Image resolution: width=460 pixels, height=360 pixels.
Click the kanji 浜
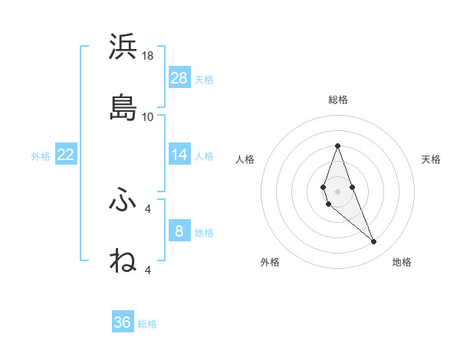tap(123, 47)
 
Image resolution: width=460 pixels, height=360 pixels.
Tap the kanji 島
tap(123, 108)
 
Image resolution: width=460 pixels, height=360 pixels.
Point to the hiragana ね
tap(123, 260)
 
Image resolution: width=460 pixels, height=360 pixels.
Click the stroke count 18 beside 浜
tap(148, 56)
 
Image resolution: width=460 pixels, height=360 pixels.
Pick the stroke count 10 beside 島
tap(148, 116)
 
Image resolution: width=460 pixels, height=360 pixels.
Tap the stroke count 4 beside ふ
tap(148, 208)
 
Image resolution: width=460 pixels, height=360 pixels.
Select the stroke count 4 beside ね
tap(148, 270)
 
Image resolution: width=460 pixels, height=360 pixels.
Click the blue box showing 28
tap(179, 78)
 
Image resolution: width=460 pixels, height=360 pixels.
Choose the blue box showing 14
tap(179, 155)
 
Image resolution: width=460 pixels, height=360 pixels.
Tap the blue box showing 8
tap(179, 231)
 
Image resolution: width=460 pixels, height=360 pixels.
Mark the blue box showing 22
tap(66, 155)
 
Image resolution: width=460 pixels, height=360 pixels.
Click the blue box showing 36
tap(123, 322)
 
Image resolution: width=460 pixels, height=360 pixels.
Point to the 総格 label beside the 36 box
tap(148, 324)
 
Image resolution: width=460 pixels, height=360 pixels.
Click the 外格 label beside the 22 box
tap(41, 156)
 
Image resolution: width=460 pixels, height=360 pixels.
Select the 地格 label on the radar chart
tap(402, 262)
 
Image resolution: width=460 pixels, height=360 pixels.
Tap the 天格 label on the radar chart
tap(431, 159)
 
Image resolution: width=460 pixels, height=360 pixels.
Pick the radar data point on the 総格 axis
tap(337, 146)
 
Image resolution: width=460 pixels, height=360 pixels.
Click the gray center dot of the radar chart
tap(337, 191)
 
